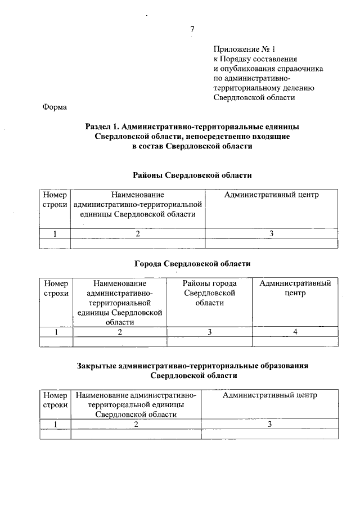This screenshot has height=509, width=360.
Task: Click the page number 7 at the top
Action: click(x=192, y=29)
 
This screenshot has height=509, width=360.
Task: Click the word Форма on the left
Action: click(x=55, y=107)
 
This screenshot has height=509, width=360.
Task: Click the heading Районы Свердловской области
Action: click(x=192, y=175)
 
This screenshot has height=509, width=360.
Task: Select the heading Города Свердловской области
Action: click(x=192, y=263)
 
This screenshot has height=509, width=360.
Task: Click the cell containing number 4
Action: click(x=295, y=332)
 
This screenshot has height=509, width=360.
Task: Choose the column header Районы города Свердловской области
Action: click(x=209, y=293)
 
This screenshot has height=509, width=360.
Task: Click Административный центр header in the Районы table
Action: click(x=271, y=195)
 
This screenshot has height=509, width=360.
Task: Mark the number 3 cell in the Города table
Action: click(x=209, y=332)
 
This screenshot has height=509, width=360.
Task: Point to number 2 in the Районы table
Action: click(x=137, y=233)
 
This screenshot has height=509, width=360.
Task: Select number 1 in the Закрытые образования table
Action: click(x=55, y=424)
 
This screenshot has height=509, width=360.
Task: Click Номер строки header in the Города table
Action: click(x=56, y=288)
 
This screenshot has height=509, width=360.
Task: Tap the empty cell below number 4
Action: click(x=295, y=342)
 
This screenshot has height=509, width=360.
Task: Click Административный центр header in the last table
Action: click(x=269, y=395)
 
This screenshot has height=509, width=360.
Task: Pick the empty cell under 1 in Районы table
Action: click(x=55, y=244)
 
